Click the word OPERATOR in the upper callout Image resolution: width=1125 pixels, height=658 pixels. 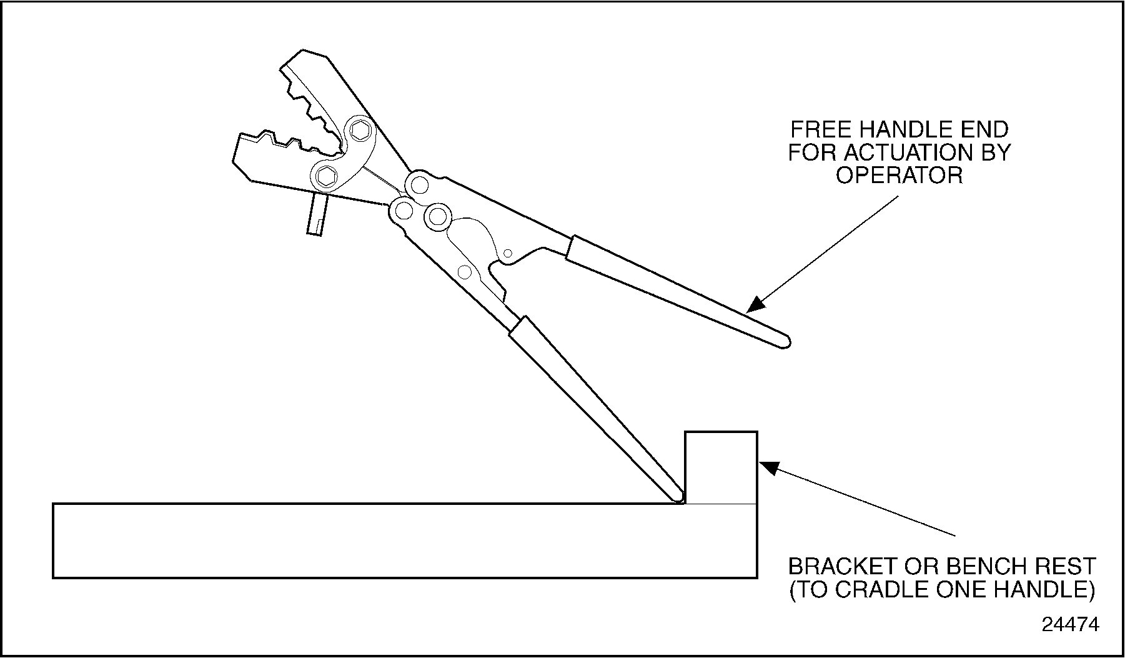coord(900,176)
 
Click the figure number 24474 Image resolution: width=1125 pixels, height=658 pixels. coord(1070,625)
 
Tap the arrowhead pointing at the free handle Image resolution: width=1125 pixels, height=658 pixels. coord(756,304)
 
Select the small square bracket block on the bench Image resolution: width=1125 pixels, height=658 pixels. coord(721,467)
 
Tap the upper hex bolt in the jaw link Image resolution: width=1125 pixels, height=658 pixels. coord(360,131)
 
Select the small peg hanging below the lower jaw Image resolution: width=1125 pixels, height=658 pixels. coord(317,214)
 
